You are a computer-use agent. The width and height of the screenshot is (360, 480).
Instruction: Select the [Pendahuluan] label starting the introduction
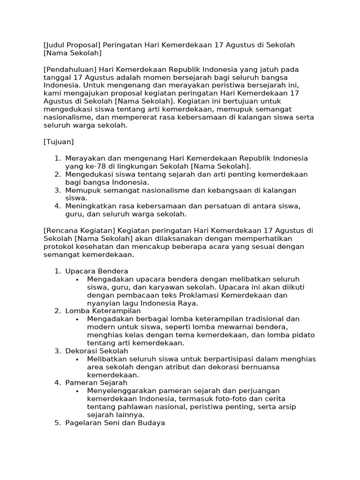[70, 69]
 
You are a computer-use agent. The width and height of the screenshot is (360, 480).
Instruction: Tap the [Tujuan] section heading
[59, 141]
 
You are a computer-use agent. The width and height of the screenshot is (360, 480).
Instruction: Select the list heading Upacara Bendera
[97, 271]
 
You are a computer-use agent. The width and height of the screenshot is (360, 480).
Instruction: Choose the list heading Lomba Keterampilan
[103, 311]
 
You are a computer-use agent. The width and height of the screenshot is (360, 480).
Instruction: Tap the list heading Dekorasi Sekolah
[97, 351]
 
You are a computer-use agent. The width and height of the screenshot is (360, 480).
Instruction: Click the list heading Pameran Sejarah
[96, 382]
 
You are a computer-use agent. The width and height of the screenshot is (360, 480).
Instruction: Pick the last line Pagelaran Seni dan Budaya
[115, 423]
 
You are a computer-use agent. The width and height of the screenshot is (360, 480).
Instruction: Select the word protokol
[59, 247]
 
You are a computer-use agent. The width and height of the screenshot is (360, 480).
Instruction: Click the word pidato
[304, 335]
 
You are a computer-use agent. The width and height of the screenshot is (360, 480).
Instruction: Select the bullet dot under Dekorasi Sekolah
[77, 359]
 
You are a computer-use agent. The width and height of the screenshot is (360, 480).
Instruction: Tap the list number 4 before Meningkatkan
[57, 206]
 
